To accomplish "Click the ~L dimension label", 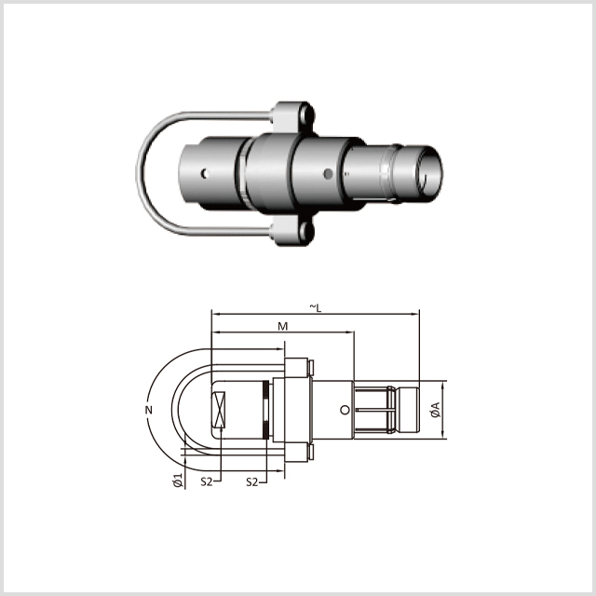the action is (x=316, y=308).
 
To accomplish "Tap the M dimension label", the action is (x=282, y=327).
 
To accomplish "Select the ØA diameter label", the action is (x=436, y=410).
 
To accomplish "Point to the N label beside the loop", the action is (x=149, y=410).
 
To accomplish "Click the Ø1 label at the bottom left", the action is (x=178, y=481).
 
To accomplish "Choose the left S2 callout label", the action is (x=207, y=482).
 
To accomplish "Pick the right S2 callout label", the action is (x=251, y=482).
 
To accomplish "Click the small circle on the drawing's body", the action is (x=345, y=410).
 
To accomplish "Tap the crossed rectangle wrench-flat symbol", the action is (x=219, y=410).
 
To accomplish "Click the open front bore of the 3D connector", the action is (x=429, y=171).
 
